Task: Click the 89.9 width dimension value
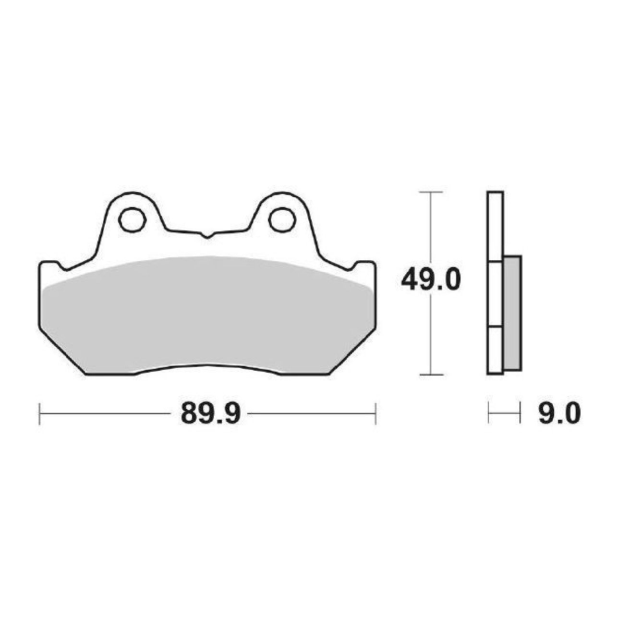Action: point(210,413)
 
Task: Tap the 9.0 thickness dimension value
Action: point(559,413)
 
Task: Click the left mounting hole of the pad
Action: point(132,219)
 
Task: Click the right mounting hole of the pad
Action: point(282,219)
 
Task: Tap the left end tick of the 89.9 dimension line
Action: point(39,414)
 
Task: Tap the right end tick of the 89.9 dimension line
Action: point(375,414)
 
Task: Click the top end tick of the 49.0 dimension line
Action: point(431,192)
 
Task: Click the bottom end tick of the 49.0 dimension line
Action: point(431,374)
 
